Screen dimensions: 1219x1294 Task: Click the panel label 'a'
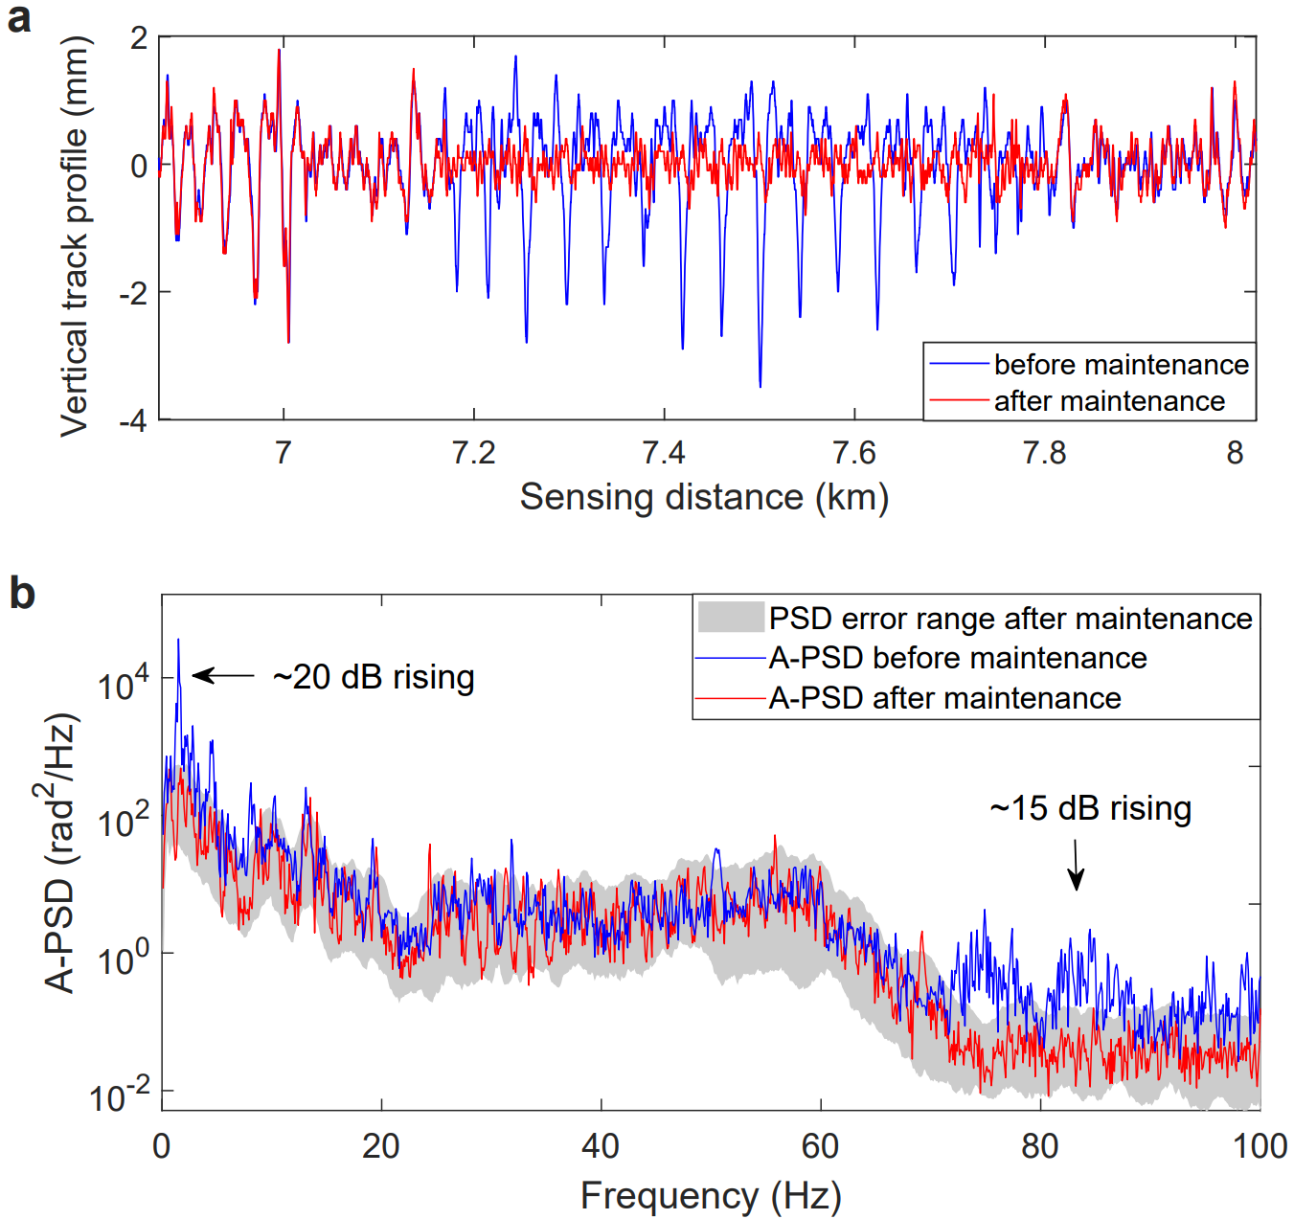click(18, 18)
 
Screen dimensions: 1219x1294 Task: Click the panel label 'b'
click(21, 594)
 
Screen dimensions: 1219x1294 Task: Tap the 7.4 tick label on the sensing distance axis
click(664, 452)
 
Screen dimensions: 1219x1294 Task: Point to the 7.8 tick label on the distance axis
click(1045, 452)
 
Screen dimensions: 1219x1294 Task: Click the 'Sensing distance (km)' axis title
click(704, 497)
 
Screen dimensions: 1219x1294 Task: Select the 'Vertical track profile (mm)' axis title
click(74, 237)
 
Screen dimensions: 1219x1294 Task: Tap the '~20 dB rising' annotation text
click(374, 677)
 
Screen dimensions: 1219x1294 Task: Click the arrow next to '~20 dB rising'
click(223, 675)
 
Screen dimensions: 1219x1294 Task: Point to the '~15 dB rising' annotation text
click(1090, 808)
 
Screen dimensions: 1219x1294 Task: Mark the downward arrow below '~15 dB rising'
click(1076, 864)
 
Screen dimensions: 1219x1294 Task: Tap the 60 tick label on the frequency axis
click(821, 1145)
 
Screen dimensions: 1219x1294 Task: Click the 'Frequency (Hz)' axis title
click(711, 1196)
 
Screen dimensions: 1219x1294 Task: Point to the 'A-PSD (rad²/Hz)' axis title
click(60, 852)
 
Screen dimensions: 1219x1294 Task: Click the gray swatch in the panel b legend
click(731, 618)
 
